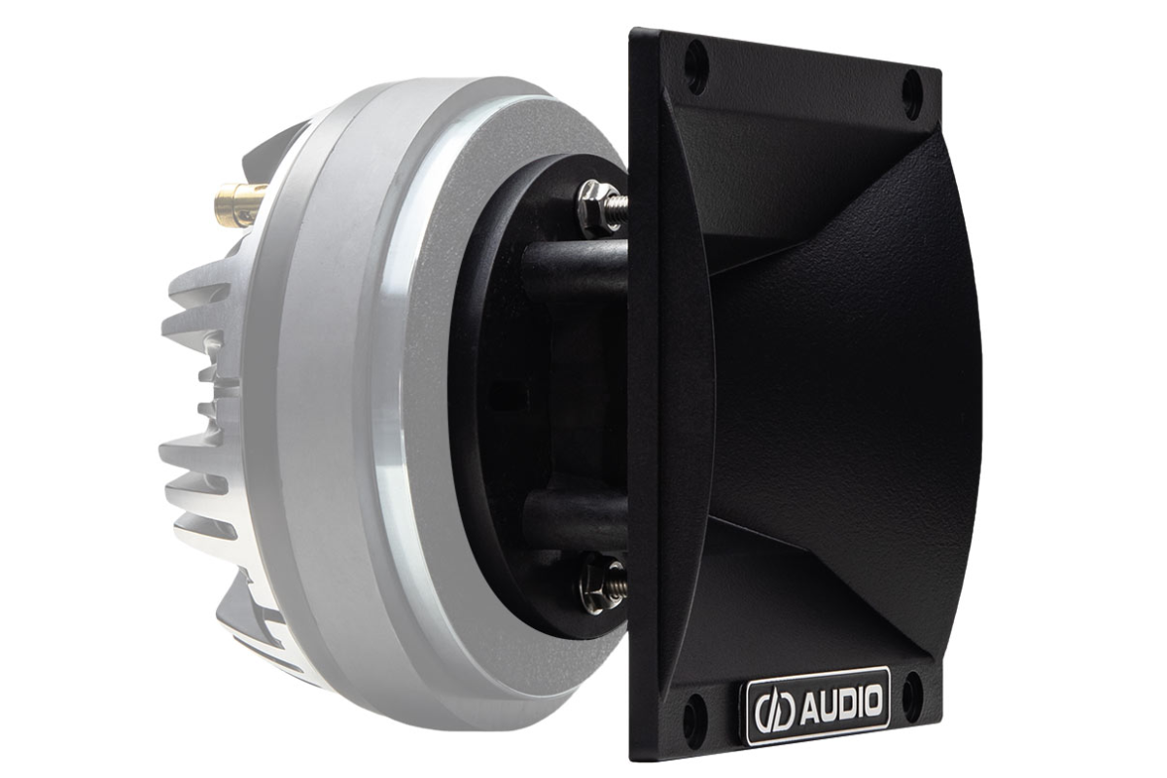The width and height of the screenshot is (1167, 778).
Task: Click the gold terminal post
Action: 239,205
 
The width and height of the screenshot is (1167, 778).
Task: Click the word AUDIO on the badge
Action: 841,702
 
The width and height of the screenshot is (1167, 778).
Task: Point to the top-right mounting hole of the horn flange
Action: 912,95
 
